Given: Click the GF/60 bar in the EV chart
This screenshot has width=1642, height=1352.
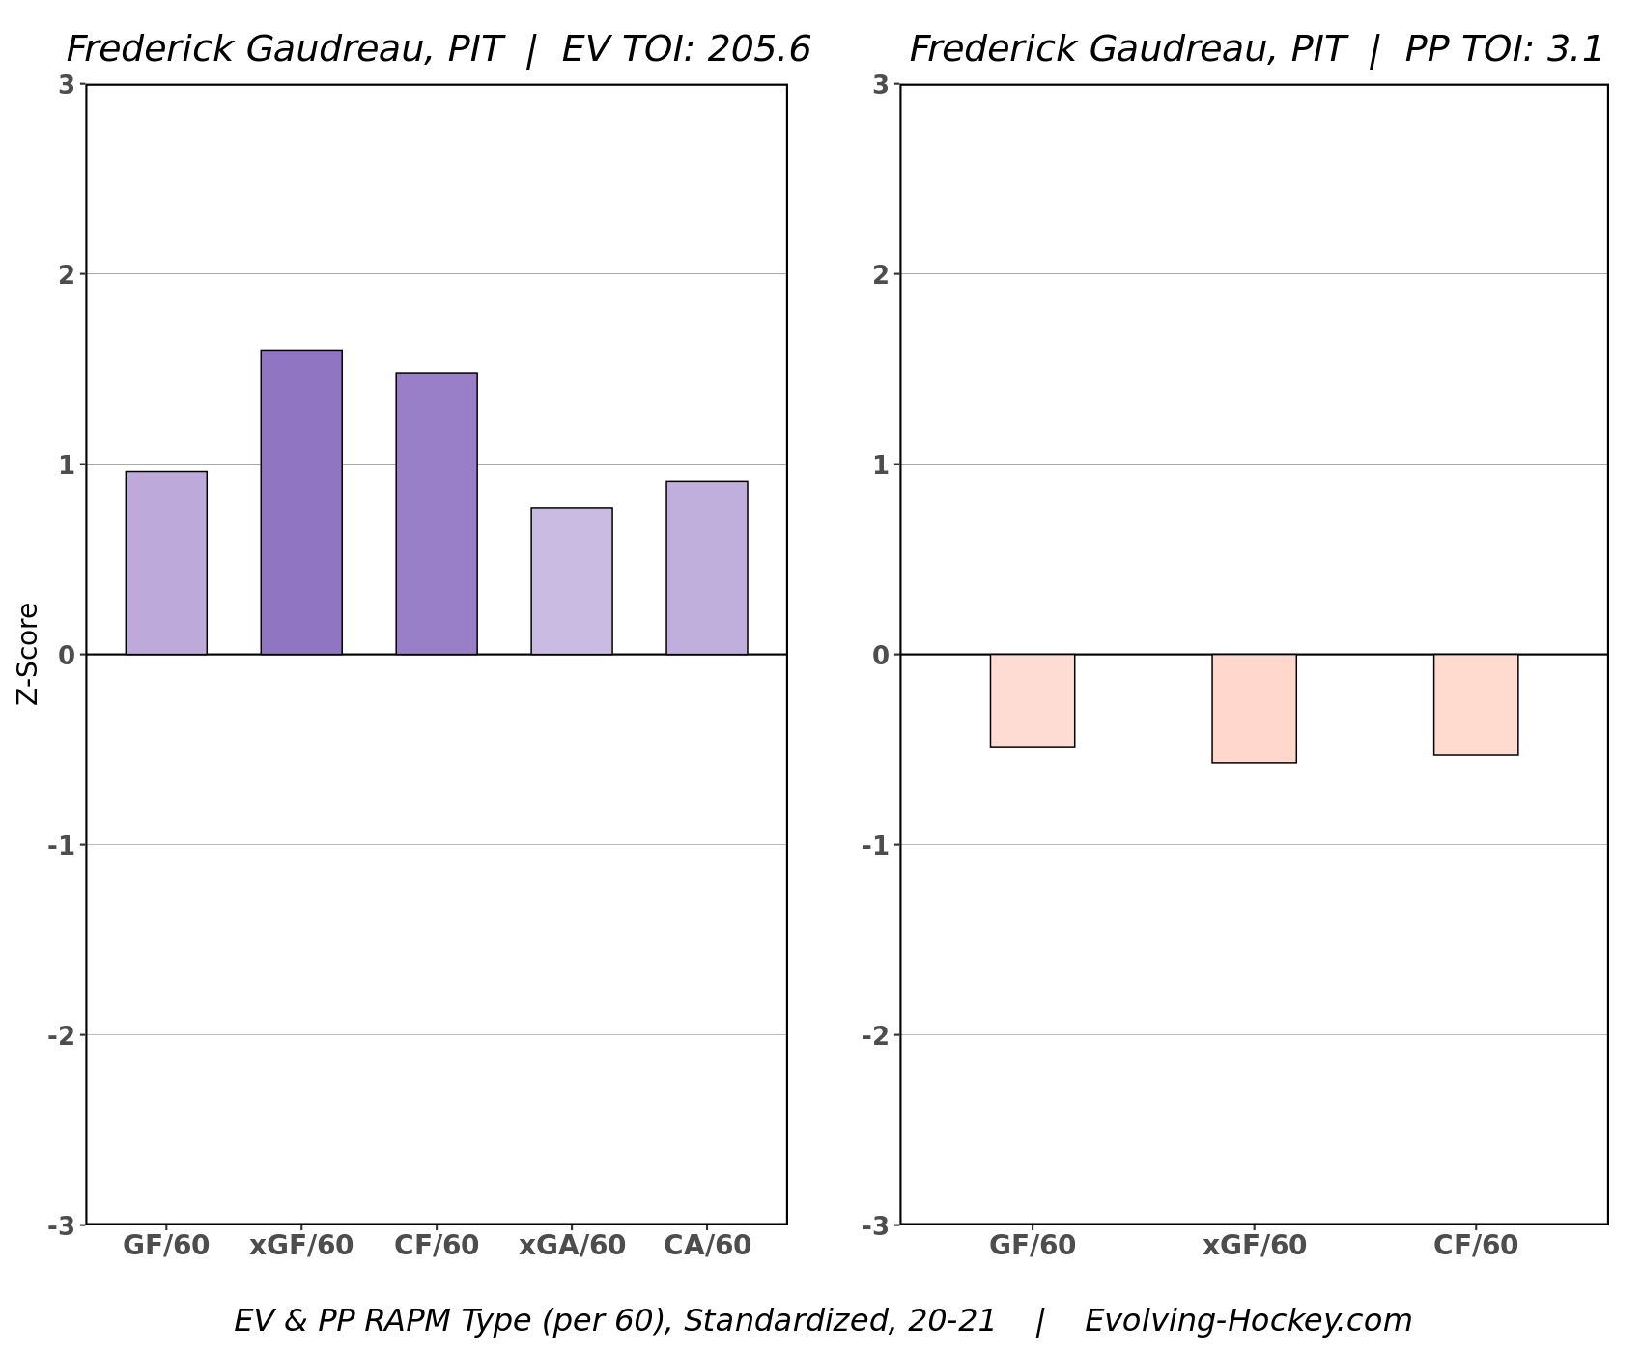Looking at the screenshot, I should click(x=166, y=563).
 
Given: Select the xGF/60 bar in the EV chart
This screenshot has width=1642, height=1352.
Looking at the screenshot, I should click(x=301, y=502).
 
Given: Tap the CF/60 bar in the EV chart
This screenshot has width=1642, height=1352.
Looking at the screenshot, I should click(x=437, y=514).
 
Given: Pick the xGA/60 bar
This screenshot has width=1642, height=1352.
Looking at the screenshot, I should click(x=572, y=581).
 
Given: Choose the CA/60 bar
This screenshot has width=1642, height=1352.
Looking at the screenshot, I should click(x=707, y=568).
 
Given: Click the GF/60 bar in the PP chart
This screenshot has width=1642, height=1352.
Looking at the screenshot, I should click(x=1033, y=701).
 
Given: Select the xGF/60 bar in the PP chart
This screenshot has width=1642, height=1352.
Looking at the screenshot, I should click(x=1254, y=709).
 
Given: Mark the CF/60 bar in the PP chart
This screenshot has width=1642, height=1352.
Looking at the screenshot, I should click(x=1476, y=705).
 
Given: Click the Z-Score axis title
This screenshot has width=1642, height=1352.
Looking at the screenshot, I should click(x=29, y=654).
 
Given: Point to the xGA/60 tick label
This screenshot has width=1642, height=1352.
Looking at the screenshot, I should click(x=572, y=1246).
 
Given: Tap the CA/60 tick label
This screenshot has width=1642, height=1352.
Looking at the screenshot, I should click(x=707, y=1246).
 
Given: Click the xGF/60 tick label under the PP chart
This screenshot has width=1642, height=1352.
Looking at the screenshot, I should click(x=1254, y=1246).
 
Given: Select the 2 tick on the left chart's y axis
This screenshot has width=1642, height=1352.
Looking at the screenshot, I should click(x=66, y=275).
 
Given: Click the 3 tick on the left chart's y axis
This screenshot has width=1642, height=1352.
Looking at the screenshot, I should click(x=66, y=85).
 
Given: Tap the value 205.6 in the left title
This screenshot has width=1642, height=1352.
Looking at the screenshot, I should click(x=758, y=49).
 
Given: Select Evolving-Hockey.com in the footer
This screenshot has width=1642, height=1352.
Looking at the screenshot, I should click(x=1248, y=1320).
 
